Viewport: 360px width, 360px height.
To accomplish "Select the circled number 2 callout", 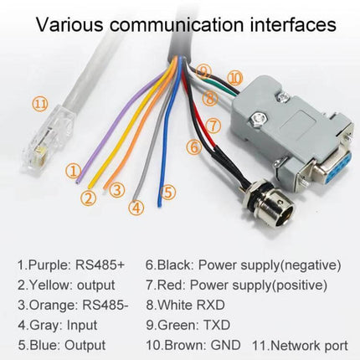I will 89,198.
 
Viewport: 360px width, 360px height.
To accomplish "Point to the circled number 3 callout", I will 118,190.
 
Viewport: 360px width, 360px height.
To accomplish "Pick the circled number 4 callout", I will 136,208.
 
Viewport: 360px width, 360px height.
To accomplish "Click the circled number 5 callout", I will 168,192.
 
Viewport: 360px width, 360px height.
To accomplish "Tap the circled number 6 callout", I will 193,147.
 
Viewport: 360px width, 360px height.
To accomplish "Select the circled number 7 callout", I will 213,126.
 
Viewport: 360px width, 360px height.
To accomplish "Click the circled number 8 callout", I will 210,97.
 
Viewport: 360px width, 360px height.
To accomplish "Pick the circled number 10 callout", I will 234,78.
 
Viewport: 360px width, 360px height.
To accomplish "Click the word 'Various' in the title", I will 68,23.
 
